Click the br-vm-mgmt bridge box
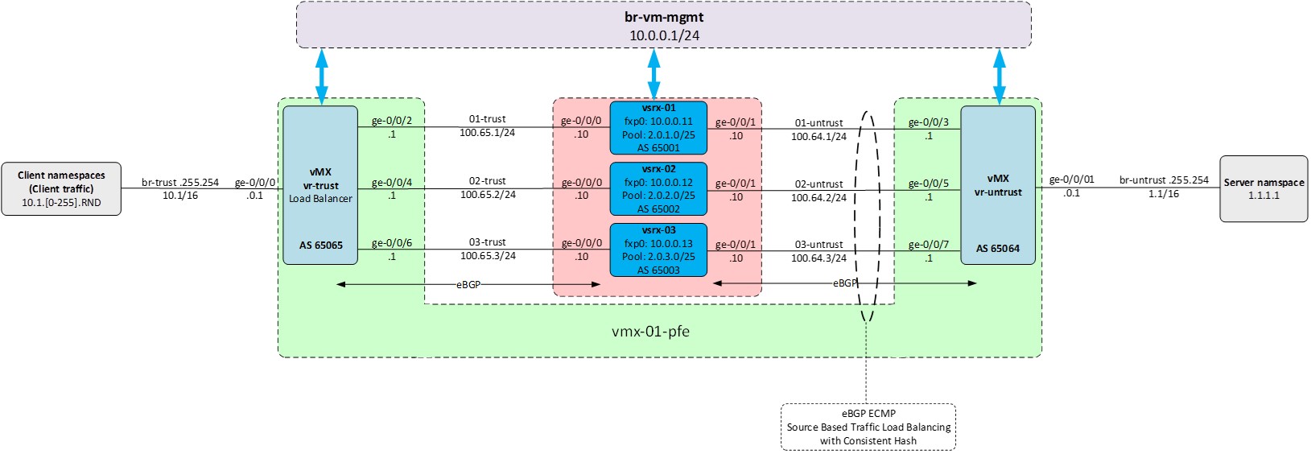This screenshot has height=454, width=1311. pos(663,25)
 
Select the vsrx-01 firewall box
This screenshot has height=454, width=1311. pos(658,127)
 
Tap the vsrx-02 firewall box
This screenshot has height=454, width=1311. pos(658,188)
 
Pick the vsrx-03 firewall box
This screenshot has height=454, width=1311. pos(658,250)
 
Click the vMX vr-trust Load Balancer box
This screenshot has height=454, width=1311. pos(320,185)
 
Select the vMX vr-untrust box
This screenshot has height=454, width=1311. pos(998,185)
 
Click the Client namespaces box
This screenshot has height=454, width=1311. pos(61,188)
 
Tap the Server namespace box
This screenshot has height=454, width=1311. pos(1264,188)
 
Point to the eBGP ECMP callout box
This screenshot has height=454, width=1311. pos(868,427)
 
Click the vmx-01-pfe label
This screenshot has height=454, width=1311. pos(650,331)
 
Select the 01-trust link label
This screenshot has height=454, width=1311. pos(488,119)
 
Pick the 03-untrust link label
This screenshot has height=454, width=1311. pos(819,245)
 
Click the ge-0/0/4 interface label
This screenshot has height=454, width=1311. pos(392,183)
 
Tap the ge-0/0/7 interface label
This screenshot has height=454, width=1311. pos(929,245)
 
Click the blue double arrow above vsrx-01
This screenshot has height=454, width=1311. pos(653,74)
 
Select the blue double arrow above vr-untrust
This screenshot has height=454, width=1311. pos(1000,76)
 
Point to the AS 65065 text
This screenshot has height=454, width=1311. pos(320,246)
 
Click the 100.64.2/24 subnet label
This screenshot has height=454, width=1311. pos(818,197)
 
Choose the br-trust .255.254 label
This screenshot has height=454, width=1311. pos(180,182)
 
